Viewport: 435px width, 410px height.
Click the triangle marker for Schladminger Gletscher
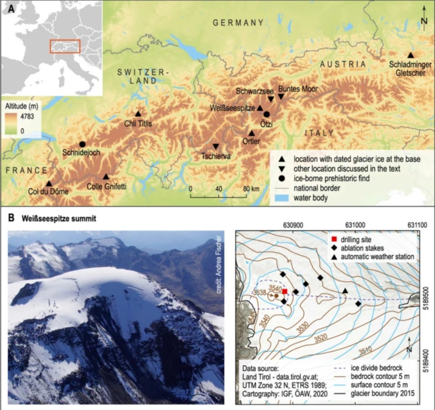tap(411, 55)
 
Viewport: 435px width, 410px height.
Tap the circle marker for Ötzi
tap(267, 114)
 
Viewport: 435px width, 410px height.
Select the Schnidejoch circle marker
tap(82, 144)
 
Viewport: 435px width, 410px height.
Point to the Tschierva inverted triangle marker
tap(216, 146)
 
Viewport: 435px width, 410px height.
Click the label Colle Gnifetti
tap(106, 186)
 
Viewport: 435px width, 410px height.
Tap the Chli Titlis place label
tap(138, 123)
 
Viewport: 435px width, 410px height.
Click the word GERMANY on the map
tap(238, 23)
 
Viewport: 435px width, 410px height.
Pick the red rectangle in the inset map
tap(65, 46)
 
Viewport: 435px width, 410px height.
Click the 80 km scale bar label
tap(251, 189)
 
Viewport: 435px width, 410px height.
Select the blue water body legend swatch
tap(281, 198)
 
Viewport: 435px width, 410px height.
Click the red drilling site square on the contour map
tap(285, 291)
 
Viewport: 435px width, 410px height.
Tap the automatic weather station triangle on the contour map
tap(345, 291)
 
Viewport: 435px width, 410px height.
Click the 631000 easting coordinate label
tap(355, 225)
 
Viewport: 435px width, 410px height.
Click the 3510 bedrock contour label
tap(365, 351)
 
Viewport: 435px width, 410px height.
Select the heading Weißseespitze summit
tap(59, 219)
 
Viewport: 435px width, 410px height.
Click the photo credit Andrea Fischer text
tap(218, 264)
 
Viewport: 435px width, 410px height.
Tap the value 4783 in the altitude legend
tap(27, 116)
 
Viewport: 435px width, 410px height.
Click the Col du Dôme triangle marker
tap(49, 184)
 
